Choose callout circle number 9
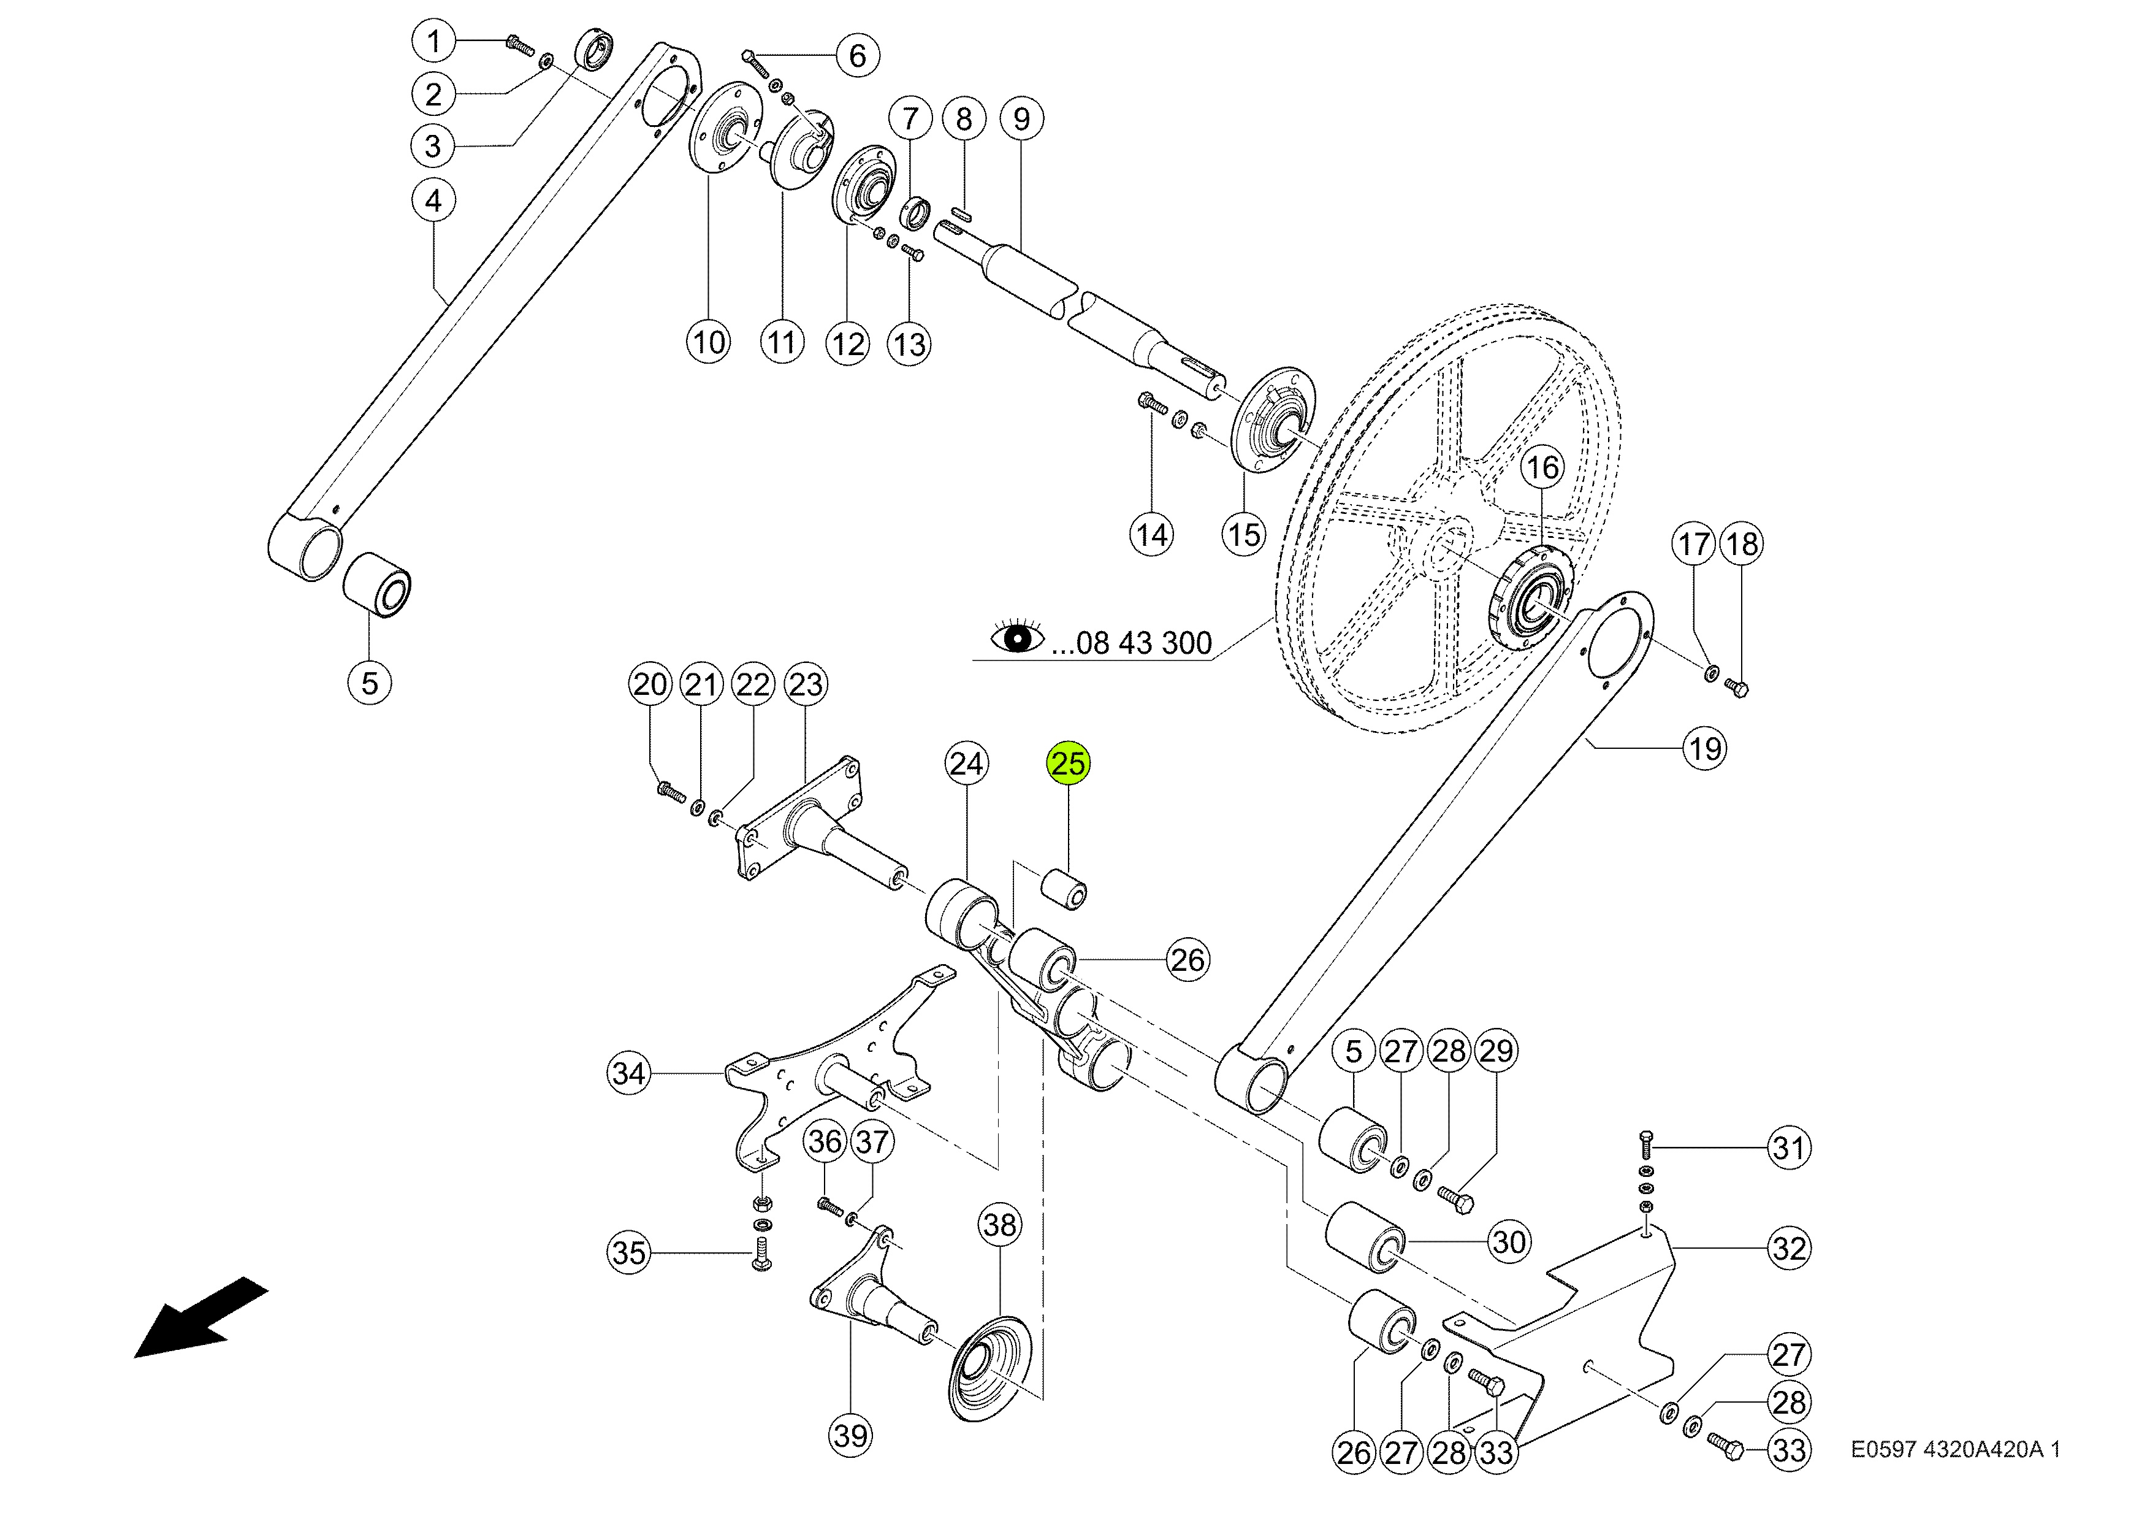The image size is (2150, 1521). [1021, 119]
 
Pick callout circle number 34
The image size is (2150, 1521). [628, 1073]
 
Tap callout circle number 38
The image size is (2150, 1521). [999, 1224]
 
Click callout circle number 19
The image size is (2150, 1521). [1704, 748]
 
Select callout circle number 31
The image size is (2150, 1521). [1788, 1147]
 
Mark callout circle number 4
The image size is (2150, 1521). [433, 201]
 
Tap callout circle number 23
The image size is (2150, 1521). [806, 684]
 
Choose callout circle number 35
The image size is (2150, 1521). [628, 1252]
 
